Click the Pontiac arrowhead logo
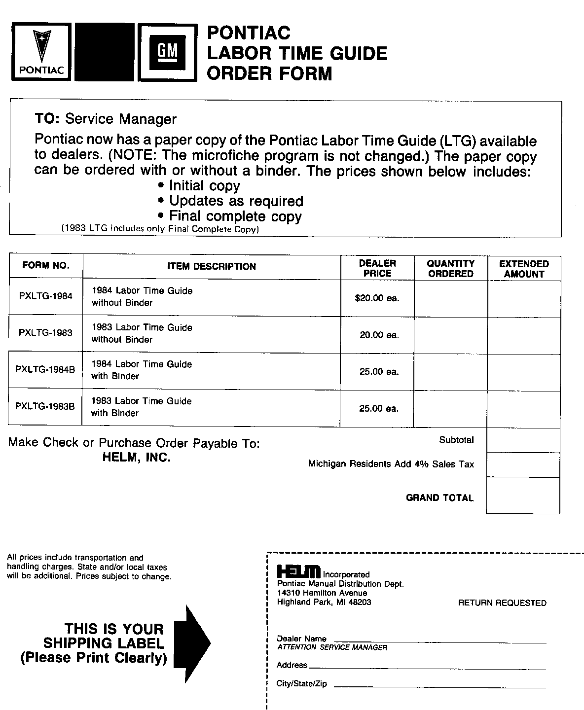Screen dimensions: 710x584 click(41, 52)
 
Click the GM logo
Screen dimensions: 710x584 click(167, 52)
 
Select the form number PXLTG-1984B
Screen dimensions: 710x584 click(45, 369)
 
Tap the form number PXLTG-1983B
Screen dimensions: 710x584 click(45, 406)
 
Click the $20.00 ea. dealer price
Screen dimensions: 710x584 click(377, 298)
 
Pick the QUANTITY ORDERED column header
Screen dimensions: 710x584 click(451, 269)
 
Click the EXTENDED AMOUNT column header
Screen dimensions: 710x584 click(524, 269)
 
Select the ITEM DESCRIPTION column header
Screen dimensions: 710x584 click(212, 267)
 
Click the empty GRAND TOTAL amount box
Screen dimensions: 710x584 click(523, 496)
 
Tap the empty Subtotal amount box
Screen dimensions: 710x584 click(523, 440)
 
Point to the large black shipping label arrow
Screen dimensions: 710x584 click(192, 643)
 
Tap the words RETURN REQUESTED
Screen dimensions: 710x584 click(502, 603)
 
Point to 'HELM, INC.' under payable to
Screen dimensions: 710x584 click(137, 458)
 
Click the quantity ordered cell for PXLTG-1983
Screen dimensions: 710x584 click(450, 335)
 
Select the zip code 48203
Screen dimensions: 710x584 click(360, 602)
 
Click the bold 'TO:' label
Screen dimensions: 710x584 click(47, 119)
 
